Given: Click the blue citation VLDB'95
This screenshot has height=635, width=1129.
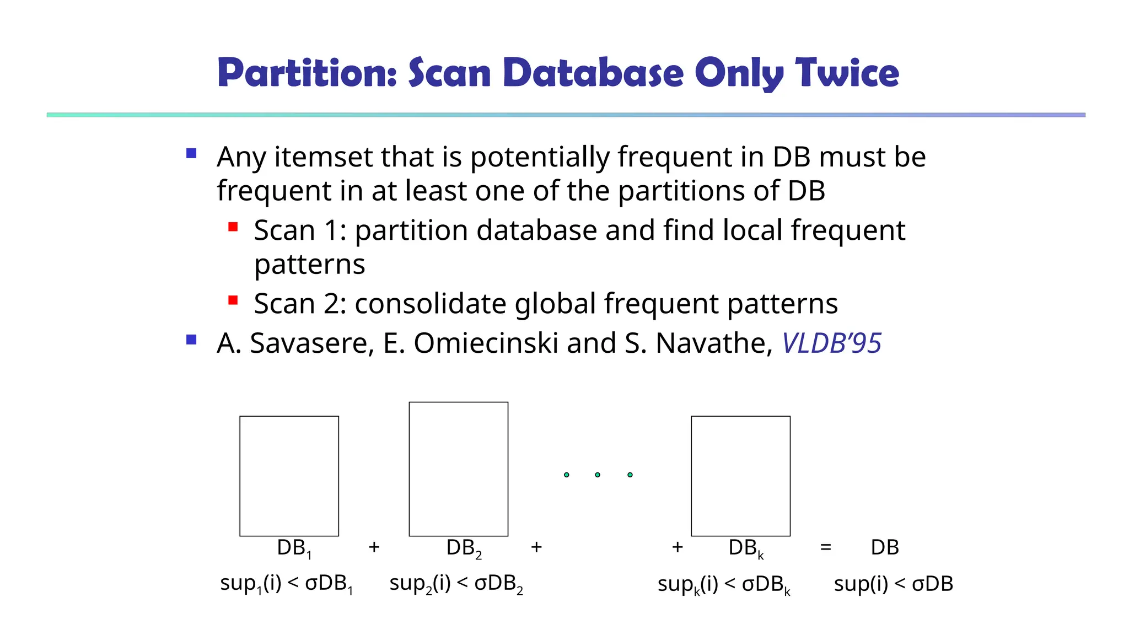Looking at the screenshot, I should point(831,343).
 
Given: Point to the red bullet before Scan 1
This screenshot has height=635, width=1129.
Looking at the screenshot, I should point(233,227).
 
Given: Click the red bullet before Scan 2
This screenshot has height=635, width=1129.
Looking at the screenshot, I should point(233,300).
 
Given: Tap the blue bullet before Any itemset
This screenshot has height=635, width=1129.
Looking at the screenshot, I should point(191,153).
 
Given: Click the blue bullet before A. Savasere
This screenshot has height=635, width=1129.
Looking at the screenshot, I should point(191,340).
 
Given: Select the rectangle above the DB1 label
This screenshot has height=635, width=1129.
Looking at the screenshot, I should point(289,476).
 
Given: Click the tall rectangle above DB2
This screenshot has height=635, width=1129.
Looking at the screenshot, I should point(458,469).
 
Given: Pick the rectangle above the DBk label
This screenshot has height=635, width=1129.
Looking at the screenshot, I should point(740,476).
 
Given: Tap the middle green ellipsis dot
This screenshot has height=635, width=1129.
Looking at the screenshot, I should point(598,475).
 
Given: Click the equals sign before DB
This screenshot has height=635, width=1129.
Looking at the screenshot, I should point(825,547).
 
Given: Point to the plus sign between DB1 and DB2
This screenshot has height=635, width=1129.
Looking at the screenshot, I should point(374,547).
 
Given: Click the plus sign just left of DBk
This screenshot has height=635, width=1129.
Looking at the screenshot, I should point(678,547).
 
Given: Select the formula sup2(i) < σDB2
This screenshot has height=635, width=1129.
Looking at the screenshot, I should point(456,584).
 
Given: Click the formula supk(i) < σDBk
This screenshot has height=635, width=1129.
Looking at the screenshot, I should point(724,585).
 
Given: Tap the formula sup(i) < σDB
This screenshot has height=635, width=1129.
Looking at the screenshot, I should point(893,584).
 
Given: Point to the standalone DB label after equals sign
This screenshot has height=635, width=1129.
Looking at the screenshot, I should point(885,547).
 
